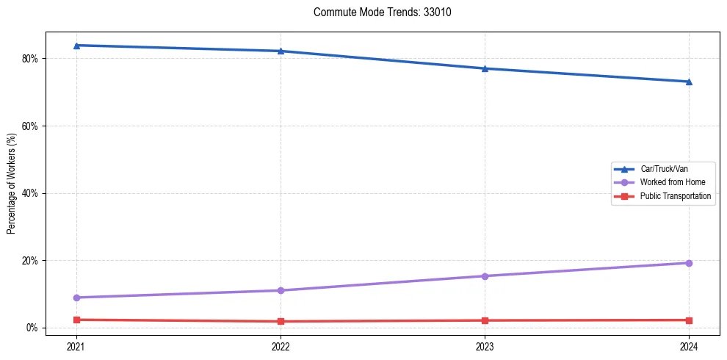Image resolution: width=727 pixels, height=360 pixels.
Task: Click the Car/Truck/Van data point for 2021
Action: [x=76, y=46]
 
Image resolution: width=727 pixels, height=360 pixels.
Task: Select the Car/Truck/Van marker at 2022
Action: [x=281, y=51]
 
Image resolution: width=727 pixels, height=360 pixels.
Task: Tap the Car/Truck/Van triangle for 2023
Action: [x=485, y=68]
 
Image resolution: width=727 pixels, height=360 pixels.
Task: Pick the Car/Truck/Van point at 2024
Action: [x=689, y=82]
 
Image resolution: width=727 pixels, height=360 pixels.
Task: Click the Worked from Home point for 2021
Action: [x=76, y=298]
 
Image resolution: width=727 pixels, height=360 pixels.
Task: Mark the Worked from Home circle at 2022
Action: [x=281, y=290]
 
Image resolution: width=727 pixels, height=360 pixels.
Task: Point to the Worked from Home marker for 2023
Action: [x=485, y=276]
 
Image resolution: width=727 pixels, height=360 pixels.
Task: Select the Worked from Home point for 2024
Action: [x=689, y=263]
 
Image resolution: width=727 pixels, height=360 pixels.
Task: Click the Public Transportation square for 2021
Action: [x=76, y=320]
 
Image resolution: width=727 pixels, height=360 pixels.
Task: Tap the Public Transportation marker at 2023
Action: [x=485, y=320]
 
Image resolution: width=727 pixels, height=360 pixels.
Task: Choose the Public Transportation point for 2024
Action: [x=689, y=320]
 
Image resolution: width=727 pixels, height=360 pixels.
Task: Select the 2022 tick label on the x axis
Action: [x=281, y=345]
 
